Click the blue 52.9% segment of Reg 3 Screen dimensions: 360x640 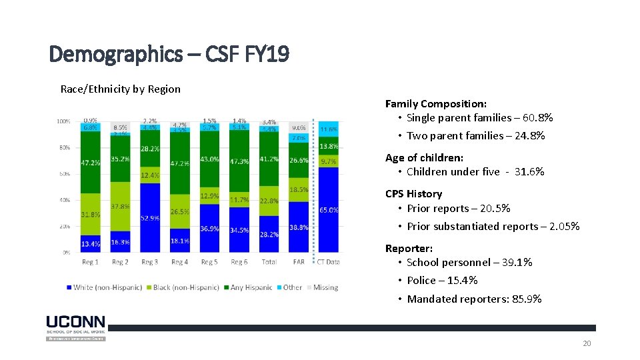click(x=150, y=218)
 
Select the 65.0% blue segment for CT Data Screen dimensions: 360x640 click(x=329, y=209)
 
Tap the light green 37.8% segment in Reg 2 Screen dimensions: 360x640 click(x=120, y=207)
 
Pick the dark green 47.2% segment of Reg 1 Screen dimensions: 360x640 click(x=91, y=162)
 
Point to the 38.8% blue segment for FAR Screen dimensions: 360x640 click(x=299, y=227)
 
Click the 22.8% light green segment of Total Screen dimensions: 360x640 click(x=269, y=201)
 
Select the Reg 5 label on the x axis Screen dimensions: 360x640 click(x=209, y=262)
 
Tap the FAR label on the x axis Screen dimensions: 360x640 click(x=299, y=262)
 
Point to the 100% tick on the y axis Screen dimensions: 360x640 click(x=63, y=122)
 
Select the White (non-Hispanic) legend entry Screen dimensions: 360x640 click(x=104, y=287)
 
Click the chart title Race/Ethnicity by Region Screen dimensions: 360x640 click(x=120, y=89)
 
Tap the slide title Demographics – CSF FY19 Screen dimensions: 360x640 click(x=169, y=53)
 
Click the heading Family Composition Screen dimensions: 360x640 click(x=435, y=103)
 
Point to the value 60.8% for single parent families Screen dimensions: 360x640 click(x=537, y=118)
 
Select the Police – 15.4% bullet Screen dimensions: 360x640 click(x=442, y=281)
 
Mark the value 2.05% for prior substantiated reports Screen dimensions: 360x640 click(x=565, y=227)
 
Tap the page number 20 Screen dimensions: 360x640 click(x=587, y=343)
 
